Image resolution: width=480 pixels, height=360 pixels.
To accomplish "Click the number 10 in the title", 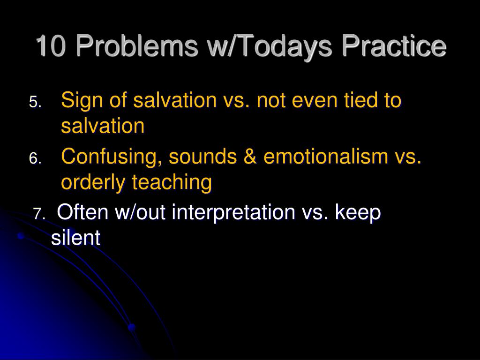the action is [x=51, y=46].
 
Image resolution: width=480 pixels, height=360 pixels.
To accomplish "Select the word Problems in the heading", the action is [x=137, y=46].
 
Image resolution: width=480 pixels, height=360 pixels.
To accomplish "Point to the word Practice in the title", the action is [x=394, y=46].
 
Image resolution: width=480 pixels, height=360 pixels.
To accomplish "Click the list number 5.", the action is [x=35, y=102].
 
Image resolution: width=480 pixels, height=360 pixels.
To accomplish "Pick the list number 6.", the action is [x=35, y=158].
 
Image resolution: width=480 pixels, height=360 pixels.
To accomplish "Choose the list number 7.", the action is [x=39, y=214].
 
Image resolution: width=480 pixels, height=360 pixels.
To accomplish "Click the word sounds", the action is [x=202, y=157].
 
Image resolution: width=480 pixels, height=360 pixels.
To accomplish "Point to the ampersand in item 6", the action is [x=250, y=156].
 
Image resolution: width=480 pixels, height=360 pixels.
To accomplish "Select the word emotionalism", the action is [x=326, y=156].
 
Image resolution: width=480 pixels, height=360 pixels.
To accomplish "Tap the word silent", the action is [x=75, y=238].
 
